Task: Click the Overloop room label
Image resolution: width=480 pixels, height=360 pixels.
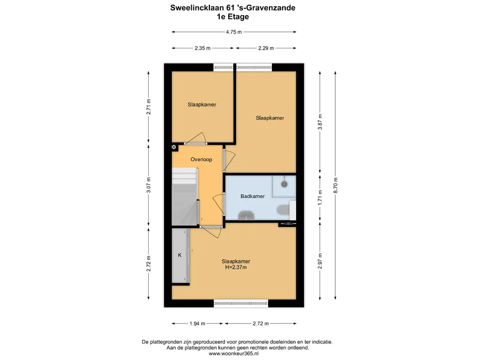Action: point(201,159)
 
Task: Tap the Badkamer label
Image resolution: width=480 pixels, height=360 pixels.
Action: point(253,196)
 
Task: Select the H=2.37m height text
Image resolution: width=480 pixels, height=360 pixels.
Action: point(236,267)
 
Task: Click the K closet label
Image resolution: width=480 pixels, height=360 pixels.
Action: point(180,255)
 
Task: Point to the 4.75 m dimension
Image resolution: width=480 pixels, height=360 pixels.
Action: point(234,32)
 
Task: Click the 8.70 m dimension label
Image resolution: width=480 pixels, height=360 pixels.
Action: point(336,185)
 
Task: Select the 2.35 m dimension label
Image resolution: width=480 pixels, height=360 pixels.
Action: point(202,48)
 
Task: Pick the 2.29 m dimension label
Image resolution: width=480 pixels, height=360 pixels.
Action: point(266,48)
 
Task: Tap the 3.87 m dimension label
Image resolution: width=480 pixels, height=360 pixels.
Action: point(320,122)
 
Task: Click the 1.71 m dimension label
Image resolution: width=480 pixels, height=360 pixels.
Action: point(320,198)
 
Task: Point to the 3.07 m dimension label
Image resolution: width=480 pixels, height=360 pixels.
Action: point(149,185)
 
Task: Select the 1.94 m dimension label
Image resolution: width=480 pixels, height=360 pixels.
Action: point(197,323)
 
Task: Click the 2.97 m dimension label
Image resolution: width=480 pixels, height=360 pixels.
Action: point(320,261)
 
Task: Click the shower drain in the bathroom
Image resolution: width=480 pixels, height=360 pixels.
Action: point(285,184)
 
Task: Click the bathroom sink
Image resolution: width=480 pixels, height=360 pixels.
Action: point(247,216)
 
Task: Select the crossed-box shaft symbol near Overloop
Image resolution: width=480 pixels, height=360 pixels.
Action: point(174,147)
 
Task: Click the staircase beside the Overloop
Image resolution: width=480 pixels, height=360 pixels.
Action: point(184,197)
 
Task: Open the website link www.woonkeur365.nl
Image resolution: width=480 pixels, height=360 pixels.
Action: point(233,353)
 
